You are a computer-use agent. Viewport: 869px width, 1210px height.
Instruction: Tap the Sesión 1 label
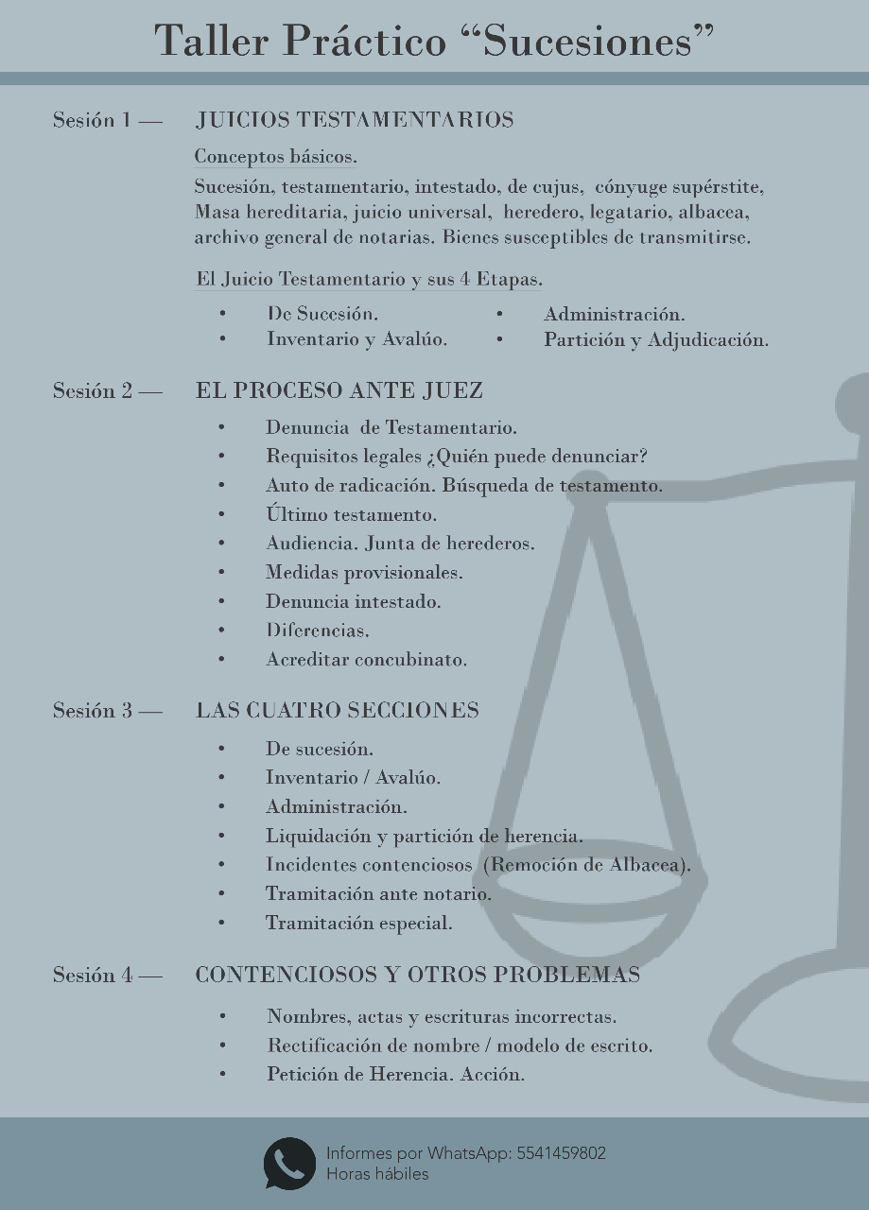(93, 120)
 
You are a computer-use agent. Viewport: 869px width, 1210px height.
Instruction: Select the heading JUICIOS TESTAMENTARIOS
(355, 120)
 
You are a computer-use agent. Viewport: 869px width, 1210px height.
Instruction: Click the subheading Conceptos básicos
(275, 156)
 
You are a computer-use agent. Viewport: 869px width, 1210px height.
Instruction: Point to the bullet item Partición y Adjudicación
(655, 340)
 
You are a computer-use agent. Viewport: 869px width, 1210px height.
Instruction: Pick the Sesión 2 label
(93, 390)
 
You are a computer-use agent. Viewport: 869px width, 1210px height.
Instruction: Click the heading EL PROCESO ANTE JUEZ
(339, 390)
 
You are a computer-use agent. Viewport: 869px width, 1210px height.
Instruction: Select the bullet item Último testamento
(351, 515)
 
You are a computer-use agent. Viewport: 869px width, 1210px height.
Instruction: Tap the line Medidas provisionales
(364, 573)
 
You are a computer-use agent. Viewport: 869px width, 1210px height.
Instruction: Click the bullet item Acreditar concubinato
(366, 660)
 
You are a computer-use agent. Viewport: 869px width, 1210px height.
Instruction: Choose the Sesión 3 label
(93, 711)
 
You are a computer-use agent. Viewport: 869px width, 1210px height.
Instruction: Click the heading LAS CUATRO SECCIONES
(338, 711)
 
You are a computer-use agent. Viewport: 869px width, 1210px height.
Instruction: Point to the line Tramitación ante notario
(378, 894)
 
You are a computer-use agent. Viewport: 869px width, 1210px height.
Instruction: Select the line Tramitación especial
(358, 924)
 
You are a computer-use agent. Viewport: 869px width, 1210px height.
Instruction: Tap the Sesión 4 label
(93, 975)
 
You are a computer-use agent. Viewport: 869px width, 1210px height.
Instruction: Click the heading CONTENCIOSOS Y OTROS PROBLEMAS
(418, 975)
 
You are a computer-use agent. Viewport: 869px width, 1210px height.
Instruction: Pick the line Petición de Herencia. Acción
(395, 1075)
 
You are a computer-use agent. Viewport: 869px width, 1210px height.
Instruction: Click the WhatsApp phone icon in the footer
(289, 1163)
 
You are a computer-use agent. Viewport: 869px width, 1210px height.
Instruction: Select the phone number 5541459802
(562, 1153)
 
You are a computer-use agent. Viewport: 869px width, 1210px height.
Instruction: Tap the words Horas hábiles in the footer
(377, 1174)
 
